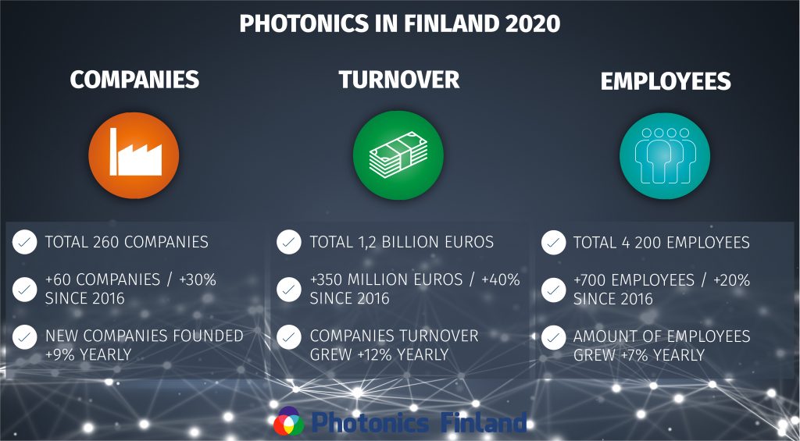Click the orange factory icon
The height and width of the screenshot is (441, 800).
click(x=134, y=155)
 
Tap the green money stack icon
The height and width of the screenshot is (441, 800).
click(x=398, y=155)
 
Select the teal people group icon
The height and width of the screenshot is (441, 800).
click(x=664, y=155)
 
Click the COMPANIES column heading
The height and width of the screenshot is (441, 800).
click(x=134, y=80)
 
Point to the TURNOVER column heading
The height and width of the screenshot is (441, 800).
click(x=399, y=80)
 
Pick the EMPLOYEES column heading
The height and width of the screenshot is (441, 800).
click(x=666, y=81)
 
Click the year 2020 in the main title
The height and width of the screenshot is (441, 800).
click(x=533, y=23)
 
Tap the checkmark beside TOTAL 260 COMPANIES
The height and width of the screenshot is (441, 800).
click(x=25, y=242)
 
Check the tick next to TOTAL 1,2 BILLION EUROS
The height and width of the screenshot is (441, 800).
click(x=289, y=242)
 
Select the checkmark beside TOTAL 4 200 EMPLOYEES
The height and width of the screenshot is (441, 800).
click(x=553, y=242)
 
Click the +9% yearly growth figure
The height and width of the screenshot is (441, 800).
click(x=62, y=355)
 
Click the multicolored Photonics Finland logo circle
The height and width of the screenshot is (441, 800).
click(x=288, y=422)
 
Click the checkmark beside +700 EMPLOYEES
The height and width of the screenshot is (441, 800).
click(x=553, y=290)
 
